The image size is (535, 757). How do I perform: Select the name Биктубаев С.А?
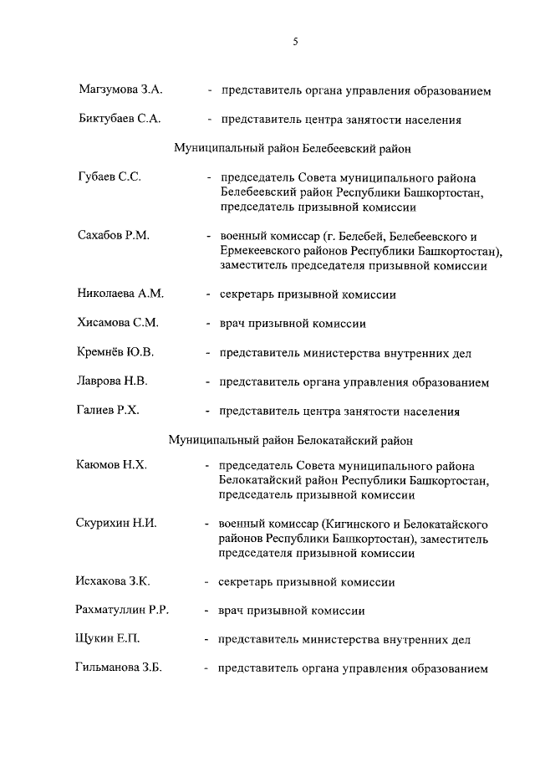pos(119,120)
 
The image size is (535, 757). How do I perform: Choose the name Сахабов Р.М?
pos(114,236)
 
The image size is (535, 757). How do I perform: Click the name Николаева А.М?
pos(120,294)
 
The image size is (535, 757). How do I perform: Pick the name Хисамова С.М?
pos(118,323)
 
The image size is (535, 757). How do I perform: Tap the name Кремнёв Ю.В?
pos(116,352)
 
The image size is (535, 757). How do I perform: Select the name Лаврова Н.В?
pos(113,381)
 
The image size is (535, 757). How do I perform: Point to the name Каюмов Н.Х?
pos(112,465)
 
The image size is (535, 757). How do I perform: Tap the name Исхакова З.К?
pos(115,581)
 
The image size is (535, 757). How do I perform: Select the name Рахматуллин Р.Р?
pos(124,611)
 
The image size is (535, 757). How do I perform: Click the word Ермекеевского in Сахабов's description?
pos(260,251)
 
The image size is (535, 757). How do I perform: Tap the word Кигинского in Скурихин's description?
pos(350,524)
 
